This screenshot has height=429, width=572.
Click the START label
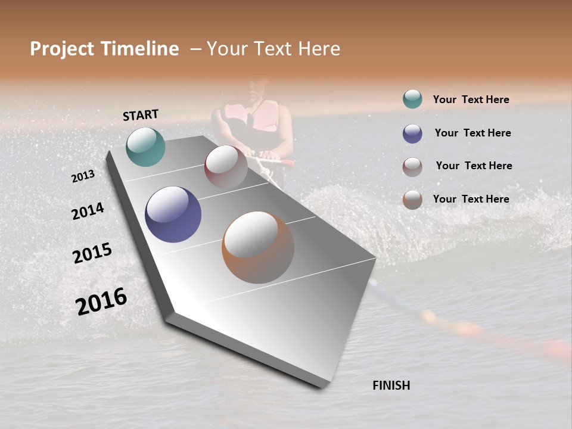[x=141, y=115]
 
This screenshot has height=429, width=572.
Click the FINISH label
[x=391, y=386]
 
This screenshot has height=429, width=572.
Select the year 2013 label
[x=83, y=176]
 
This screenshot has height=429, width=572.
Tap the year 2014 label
[x=88, y=211]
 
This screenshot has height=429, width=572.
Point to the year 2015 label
[x=92, y=253]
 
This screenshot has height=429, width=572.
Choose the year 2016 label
[x=101, y=301]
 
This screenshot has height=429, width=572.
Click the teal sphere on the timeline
[x=145, y=147]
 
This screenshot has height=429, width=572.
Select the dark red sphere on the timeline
[x=226, y=167]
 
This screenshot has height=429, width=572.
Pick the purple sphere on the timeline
[x=173, y=214]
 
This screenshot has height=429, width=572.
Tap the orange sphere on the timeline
[x=258, y=247]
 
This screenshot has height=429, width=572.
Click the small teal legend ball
[x=412, y=99]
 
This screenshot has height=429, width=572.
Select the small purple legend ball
[x=412, y=133]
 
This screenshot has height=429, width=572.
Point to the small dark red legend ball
[x=412, y=167]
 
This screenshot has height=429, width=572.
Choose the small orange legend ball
[x=412, y=200]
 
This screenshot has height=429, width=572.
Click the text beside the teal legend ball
[x=471, y=100]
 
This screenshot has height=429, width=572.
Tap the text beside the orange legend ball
[x=471, y=199]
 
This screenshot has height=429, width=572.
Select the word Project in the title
[x=63, y=49]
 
